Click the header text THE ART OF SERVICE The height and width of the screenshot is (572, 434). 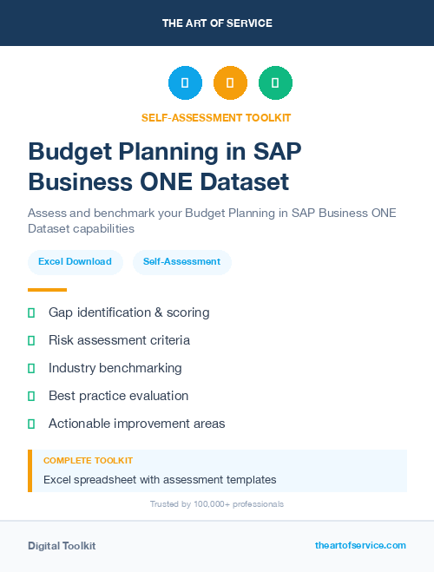(x=217, y=23)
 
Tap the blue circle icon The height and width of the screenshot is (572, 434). (x=185, y=82)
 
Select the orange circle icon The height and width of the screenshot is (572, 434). (x=230, y=82)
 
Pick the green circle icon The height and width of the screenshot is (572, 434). (x=275, y=82)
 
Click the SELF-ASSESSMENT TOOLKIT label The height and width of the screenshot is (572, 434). (x=216, y=118)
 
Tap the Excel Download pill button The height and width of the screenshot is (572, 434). (x=75, y=261)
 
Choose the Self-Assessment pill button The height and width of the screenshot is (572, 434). (x=181, y=261)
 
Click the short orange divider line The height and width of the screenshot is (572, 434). (x=47, y=290)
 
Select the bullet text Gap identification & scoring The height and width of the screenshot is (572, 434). (x=128, y=312)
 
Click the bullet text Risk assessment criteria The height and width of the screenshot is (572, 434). (x=119, y=340)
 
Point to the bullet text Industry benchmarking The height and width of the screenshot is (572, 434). (x=115, y=368)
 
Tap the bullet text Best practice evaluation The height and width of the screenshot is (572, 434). (x=118, y=396)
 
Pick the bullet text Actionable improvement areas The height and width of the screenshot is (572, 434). (x=136, y=424)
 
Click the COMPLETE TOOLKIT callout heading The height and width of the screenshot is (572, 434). (x=88, y=461)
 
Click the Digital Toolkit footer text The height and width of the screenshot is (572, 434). (x=62, y=546)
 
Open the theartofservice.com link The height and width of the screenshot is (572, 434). (x=360, y=545)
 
